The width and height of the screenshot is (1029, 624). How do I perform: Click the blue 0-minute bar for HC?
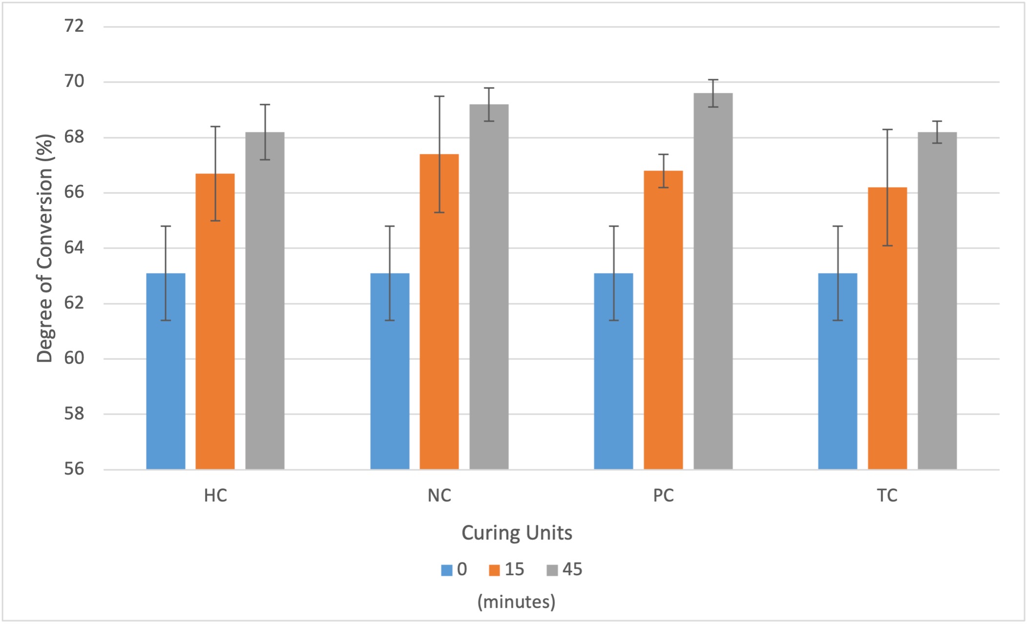pyautogui.click(x=165, y=371)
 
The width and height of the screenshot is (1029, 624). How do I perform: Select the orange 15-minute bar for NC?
pyautogui.click(x=439, y=312)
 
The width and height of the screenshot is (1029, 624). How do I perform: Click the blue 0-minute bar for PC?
pyautogui.click(x=614, y=371)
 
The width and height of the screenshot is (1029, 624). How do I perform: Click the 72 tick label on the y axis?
pyautogui.click(x=74, y=26)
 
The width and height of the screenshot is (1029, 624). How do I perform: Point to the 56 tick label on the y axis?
pyautogui.click(x=74, y=469)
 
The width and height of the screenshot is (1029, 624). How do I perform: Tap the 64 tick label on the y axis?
pyautogui.click(x=74, y=248)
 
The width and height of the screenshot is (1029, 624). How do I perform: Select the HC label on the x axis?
pyautogui.click(x=215, y=496)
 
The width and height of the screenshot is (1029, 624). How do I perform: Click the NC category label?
pyautogui.click(x=439, y=496)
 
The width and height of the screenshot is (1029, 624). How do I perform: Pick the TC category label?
pyautogui.click(x=887, y=496)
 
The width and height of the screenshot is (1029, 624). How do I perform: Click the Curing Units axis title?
pyautogui.click(x=516, y=533)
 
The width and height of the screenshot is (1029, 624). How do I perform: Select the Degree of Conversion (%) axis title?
pyautogui.click(x=45, y=248)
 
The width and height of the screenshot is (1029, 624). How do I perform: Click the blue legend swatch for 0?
pyautogui.click(x=446, y=570)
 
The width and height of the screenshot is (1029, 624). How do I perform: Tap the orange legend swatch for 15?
pyautogui.click(x=494, y=570)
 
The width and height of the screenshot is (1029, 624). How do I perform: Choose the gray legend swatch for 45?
pyautogui.click(x=552, y=570)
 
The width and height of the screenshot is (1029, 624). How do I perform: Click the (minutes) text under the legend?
pyautogui.click(x=516, y=602)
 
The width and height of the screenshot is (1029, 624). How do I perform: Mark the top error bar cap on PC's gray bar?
pyautogui.click(x=713, y=80)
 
